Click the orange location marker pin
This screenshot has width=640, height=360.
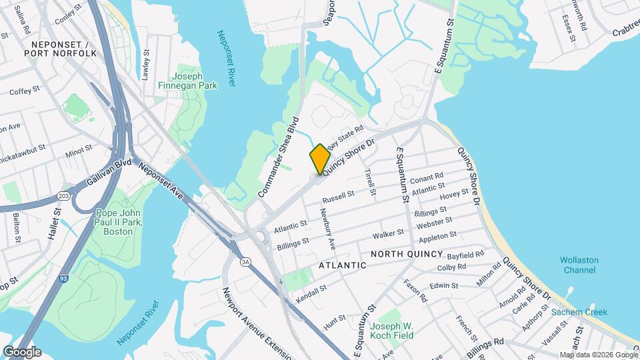[x=320, y=159]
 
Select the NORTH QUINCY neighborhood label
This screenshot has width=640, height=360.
[x=407, y=254]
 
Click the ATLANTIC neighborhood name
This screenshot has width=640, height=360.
[x=343, y=265]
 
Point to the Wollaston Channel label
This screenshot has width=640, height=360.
[x=579, y=265]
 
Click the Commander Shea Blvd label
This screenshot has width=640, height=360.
[x=278, y=158]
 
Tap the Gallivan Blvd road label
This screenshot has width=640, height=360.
[x=109, y=172]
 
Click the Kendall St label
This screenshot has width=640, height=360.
[x=311, y=293]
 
